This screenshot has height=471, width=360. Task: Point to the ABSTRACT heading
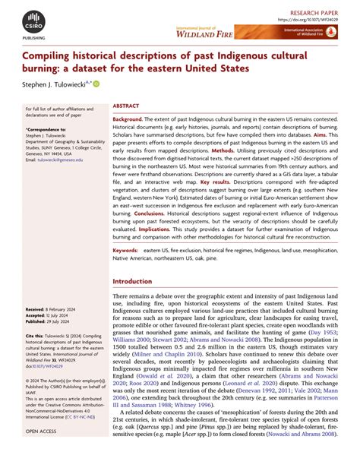[x=125, y=108]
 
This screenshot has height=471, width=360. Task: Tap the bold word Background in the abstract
[x=128, y=120]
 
